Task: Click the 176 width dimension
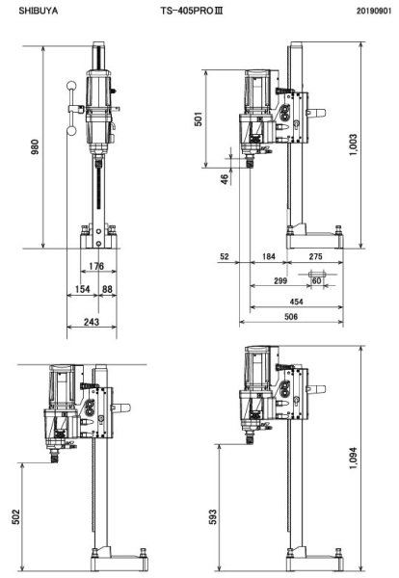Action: tap(96, 266)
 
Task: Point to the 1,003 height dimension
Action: tap(355, 145)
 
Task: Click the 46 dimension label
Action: tap(225, 178)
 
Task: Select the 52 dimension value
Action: tap(225, 256)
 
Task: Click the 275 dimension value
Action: tap(315, 256)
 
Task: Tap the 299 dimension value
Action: tap(280, 280)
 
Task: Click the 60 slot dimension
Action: tap(315, 280)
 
